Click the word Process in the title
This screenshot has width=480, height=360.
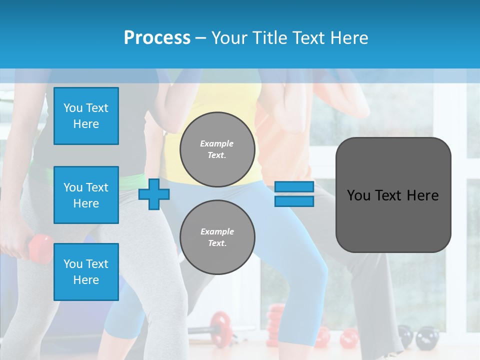[157, 38]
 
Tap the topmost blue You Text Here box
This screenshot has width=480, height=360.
[86, 116]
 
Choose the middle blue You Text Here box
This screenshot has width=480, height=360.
[86, 195]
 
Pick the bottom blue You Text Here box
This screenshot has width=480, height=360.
[86, 272]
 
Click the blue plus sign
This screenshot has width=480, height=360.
[153, 194]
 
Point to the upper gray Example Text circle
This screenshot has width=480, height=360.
[217, 149]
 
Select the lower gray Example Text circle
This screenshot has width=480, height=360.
[217, 237]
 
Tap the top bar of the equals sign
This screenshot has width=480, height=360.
[294, 187]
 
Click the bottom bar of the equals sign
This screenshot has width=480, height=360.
[294, 201]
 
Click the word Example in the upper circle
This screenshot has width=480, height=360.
[217, 143]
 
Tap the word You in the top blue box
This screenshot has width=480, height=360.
[73, 108]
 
